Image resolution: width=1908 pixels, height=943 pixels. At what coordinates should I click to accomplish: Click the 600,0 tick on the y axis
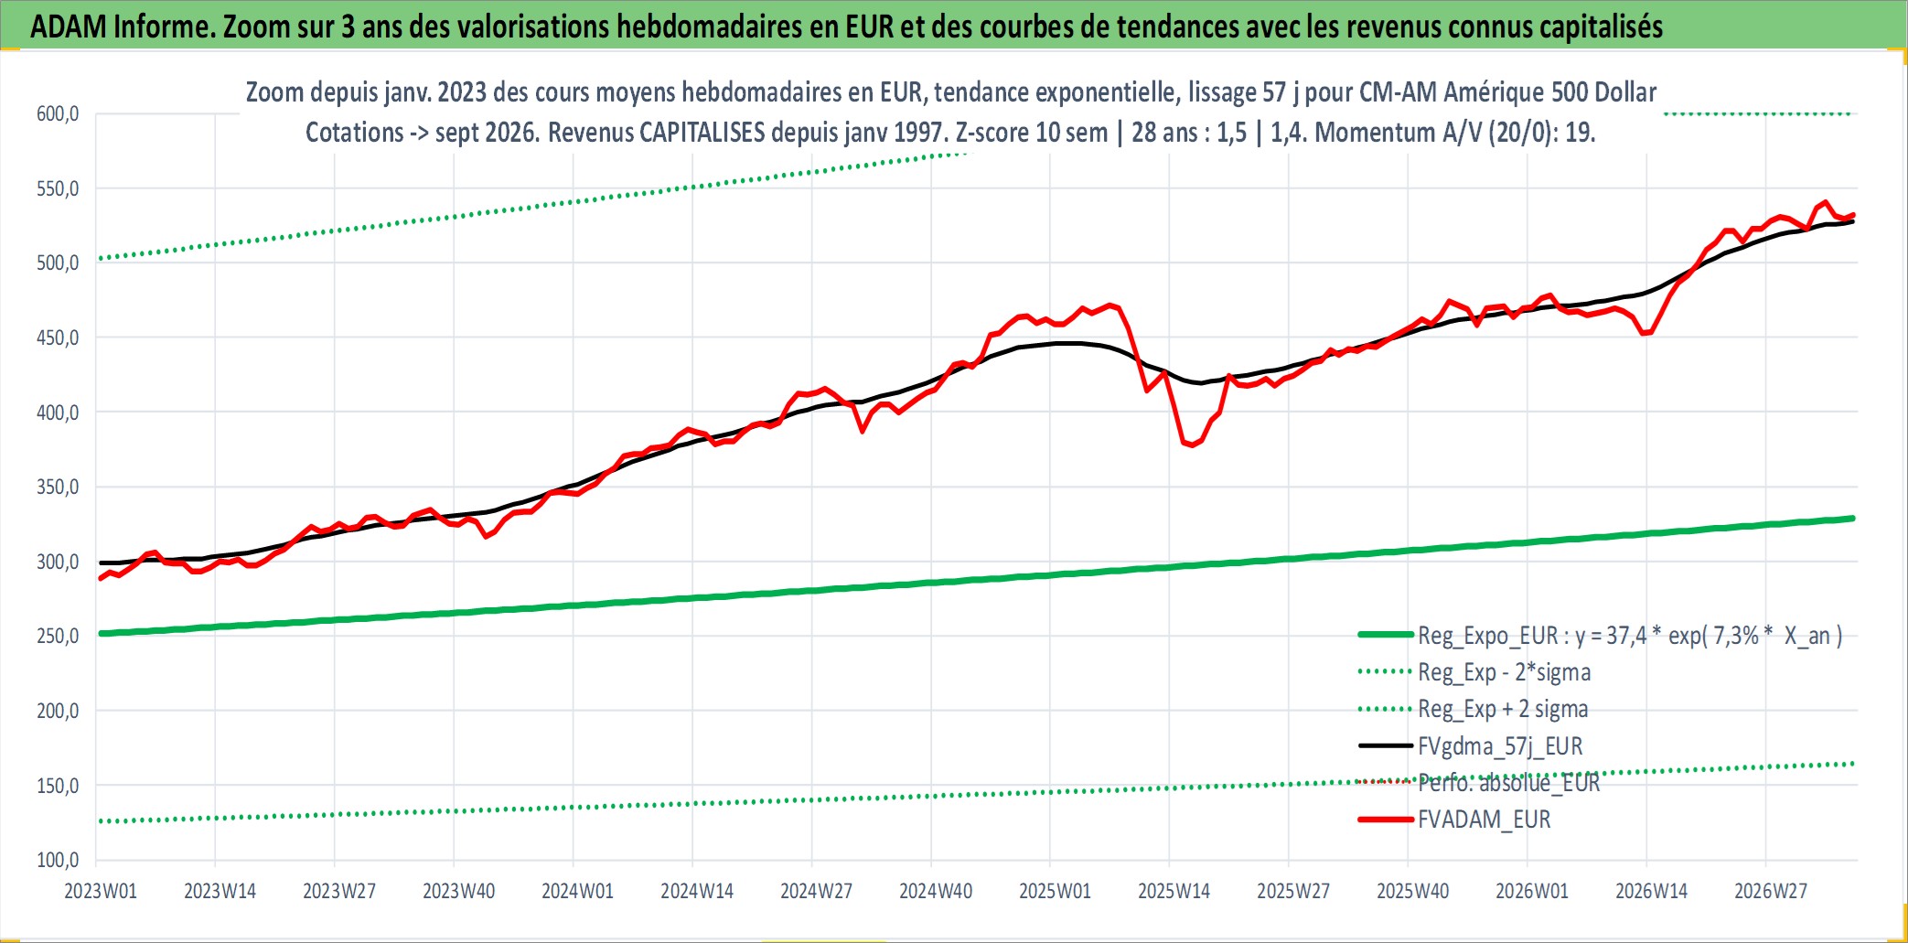pos(58,114)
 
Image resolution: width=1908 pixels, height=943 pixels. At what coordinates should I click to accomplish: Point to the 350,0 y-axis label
pos(58,488)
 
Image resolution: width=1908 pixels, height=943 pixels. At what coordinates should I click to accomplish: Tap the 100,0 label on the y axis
pos(58,861)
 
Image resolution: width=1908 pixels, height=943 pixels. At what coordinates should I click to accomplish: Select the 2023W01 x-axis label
pos(101,892)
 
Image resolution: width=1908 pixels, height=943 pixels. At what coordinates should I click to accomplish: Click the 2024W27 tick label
pos(816,892)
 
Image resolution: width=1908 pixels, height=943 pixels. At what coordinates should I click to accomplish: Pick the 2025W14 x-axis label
pos(1174,892)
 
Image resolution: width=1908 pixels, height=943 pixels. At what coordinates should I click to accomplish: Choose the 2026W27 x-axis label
pos(1771,892)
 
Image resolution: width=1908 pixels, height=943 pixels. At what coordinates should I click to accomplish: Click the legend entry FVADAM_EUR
pos(1485,820)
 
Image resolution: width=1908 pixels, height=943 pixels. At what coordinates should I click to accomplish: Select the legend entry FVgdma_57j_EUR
pos(1500,746)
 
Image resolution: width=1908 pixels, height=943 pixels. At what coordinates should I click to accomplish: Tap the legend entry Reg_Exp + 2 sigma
pos(1503,709)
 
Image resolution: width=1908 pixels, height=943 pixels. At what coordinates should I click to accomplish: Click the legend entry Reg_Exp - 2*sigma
pos(1505,672)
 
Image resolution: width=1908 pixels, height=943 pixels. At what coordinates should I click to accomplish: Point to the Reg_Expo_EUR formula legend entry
pos(1630,636)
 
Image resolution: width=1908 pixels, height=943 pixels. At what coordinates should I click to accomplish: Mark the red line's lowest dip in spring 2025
pos(1191,445)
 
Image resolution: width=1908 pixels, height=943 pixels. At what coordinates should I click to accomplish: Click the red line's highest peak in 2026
pos(1825,202)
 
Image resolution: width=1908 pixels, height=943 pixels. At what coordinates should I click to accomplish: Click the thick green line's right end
pos(1852,519)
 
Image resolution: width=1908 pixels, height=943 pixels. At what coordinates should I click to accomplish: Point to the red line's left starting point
pos(101,578)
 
